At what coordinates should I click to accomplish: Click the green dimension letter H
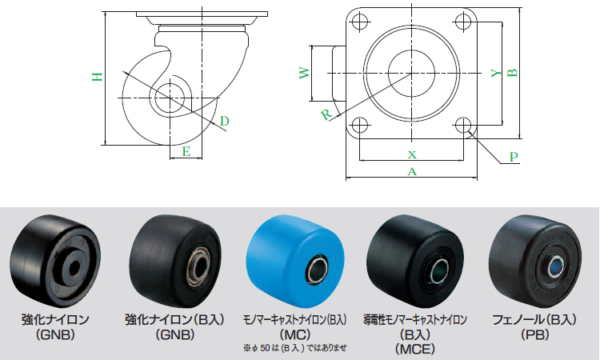point(98,77)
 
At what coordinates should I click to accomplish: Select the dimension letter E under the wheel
point(186,152)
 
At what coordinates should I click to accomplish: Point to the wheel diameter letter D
point(224,122)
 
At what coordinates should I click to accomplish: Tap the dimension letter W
point(304,73)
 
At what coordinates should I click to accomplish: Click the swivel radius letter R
point(326,114)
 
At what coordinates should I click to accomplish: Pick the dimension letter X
point(412,154)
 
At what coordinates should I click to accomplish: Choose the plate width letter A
point(412,171)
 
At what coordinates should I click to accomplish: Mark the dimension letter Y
point(496,73)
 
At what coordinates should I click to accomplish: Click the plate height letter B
point(512,72)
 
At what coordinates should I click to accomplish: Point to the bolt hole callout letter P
point(514,157)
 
